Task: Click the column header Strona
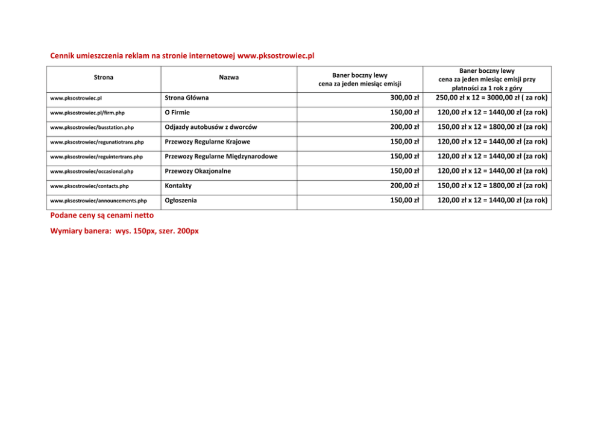point(103,77)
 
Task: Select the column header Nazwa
point(228,77)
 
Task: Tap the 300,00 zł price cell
point(404,98)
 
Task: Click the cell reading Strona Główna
point(187,98)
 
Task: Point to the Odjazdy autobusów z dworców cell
point(211,127)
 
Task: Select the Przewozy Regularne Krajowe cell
point(207,142)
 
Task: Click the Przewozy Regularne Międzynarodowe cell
point(221,157)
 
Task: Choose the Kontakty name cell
point(178,186)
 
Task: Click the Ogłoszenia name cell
point(181,200)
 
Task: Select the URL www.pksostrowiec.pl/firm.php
point(87,113)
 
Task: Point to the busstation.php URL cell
point(92,128)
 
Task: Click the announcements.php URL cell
point(98,201)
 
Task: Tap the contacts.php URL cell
point(89,186)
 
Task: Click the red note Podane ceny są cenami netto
point(102,215)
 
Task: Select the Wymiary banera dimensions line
point(124,231)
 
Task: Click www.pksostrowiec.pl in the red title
point(276,56)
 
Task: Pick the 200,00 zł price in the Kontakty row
point(404,186)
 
